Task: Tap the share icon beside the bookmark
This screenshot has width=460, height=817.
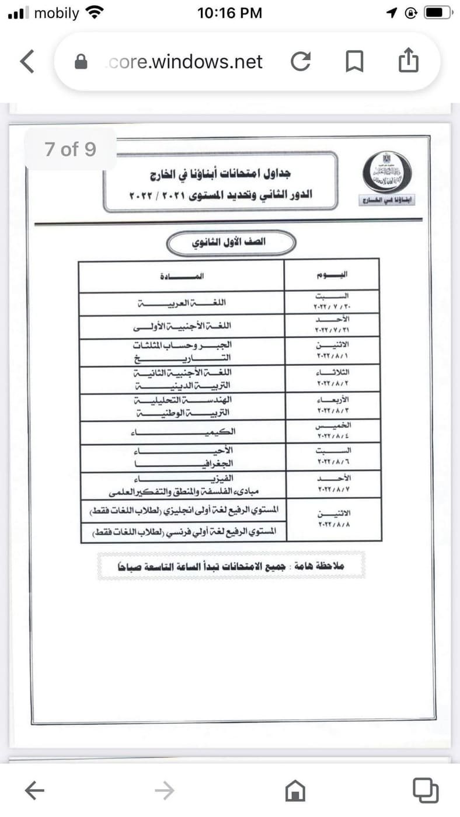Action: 408,61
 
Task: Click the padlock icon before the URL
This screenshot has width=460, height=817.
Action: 81,62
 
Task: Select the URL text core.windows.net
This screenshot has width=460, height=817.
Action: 186,62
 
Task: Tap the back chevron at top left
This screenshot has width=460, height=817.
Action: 27,61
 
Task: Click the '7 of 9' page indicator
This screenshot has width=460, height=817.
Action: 70,149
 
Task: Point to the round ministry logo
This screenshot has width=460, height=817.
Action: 387,172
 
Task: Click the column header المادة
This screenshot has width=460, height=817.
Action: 181,274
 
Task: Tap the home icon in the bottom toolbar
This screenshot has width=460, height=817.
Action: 295,791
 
